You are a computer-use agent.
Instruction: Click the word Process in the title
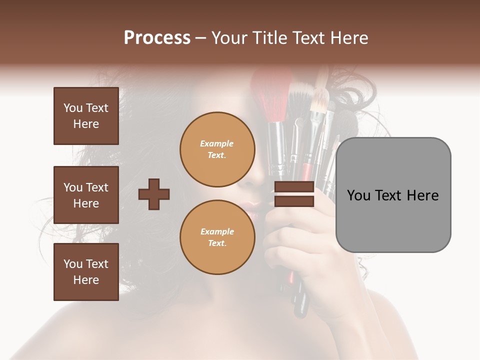(157, 38)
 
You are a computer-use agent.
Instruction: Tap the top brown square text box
(86, 116)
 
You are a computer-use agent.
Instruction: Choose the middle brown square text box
(86, 195)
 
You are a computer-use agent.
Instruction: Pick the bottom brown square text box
(86, 272)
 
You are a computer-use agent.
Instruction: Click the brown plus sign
(154, 194)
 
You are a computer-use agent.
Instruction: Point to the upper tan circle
(217, 149)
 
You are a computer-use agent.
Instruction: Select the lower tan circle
(217, 237)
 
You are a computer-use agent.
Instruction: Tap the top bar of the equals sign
(294, 187)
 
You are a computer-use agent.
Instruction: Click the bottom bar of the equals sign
(294, 201)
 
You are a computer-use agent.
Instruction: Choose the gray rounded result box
(393, 195)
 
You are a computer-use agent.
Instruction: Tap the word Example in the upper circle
(217, 143)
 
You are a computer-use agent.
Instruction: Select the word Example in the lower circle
(217, 231)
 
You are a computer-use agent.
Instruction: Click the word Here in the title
(350, 38)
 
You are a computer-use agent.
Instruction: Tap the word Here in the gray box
(423, 195)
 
